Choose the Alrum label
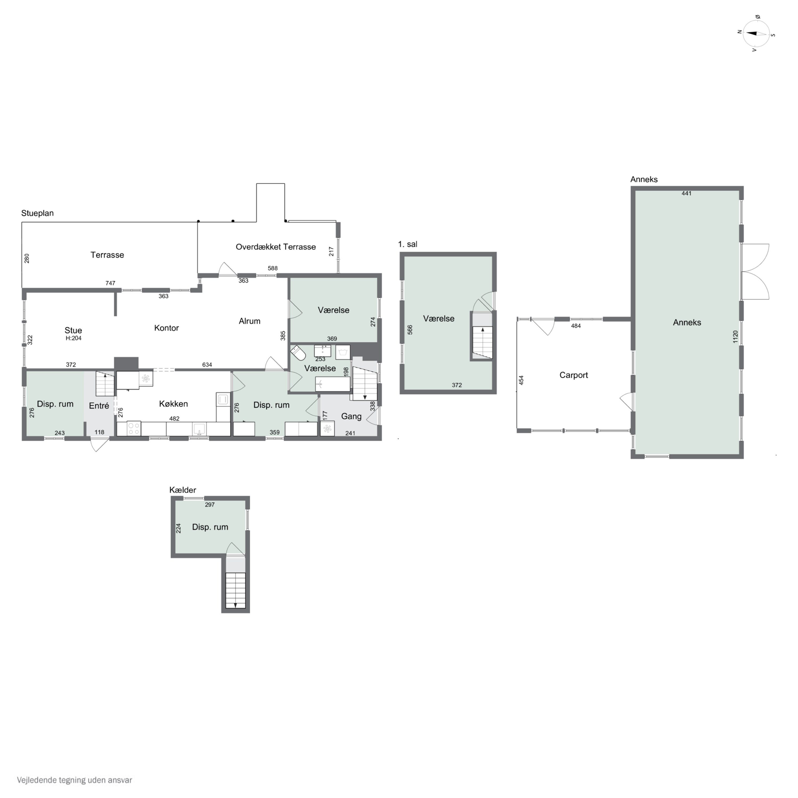(x=250, y=321)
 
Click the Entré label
(x=99, y=406)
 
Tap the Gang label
(x=351, y=416)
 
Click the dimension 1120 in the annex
(x=735, y=336)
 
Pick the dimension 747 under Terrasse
(x=110, y=283)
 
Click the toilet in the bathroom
(x=298, y=353)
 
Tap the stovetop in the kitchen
(x=134, y=428)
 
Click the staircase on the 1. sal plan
(x=483, y=342)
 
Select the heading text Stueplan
(x=38, y=213)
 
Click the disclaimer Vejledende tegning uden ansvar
(x=74, y=780)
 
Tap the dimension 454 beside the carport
(x=521, y=380)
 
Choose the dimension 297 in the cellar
(x=210, y=504)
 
